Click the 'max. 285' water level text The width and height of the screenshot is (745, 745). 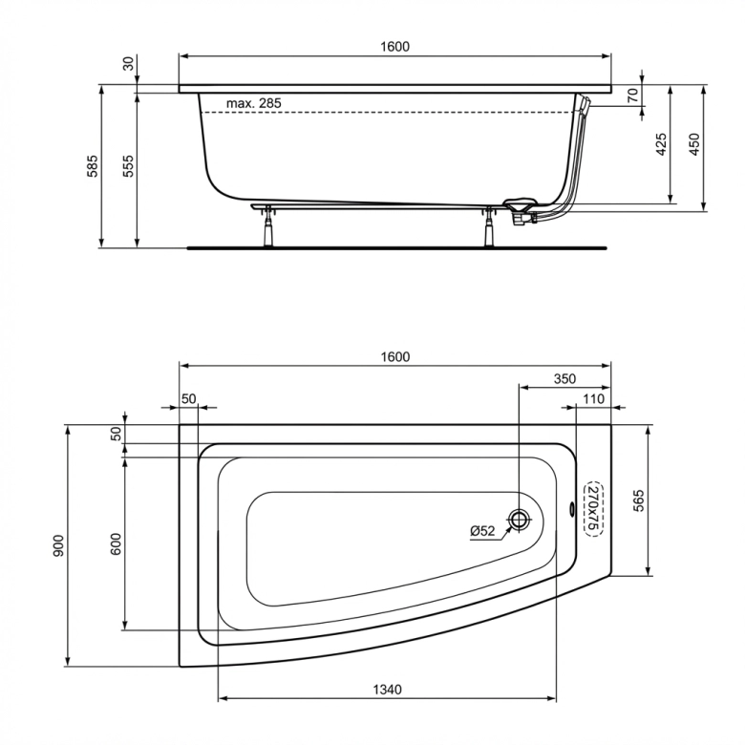point(254,103)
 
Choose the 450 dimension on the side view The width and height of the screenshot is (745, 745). point(695,145)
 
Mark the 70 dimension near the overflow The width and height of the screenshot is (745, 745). point(632,95)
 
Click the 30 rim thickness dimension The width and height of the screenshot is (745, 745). point(127,63)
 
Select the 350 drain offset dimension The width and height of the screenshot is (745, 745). point(564,379)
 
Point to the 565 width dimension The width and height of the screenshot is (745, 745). point(640,501)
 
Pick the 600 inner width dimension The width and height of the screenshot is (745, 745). point(116,543)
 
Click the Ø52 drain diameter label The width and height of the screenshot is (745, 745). point(483,531)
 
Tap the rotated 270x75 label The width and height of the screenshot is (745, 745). point(592,507)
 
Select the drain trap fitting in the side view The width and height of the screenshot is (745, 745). point(519,210)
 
